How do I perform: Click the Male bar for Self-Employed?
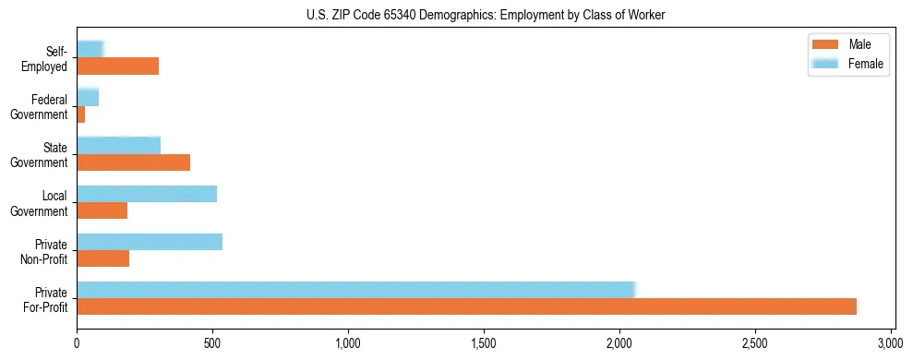pos(117,66)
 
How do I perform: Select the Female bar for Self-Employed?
pos(90,49)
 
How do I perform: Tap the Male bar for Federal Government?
pos(81,114)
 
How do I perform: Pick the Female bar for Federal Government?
pos(88,97)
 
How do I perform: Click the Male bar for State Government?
pos(133,162)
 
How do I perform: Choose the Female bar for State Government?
pos(118,145)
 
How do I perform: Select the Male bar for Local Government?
pos(102,210)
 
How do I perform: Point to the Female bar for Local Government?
pos(147,193)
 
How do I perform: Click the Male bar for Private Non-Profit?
pos(102,258)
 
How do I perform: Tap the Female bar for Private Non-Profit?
pos(150,242)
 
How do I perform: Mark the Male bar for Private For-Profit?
pos(466,306)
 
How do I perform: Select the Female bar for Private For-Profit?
pos(355,290)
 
